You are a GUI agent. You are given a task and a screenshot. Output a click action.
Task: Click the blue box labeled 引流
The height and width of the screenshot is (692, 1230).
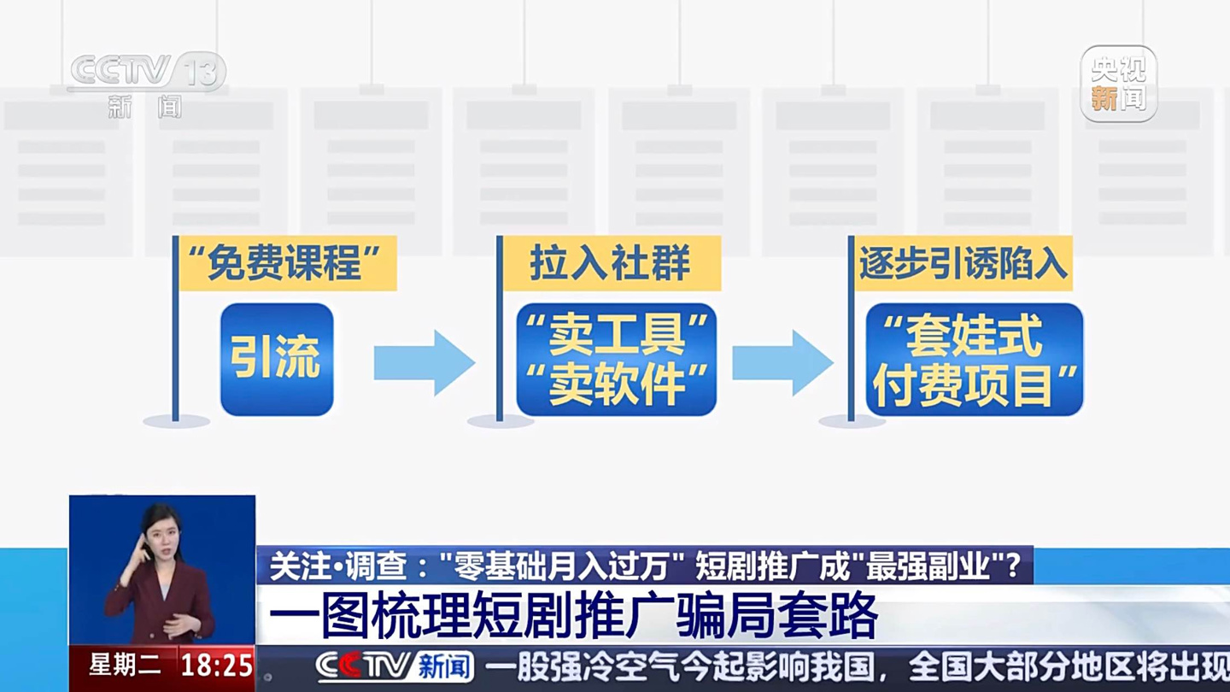(277, 360)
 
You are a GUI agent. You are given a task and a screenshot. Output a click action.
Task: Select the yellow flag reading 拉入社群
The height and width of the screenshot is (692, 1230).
(611, 263)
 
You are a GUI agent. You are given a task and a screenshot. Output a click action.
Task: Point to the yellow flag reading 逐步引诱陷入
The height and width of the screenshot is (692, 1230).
(963, 263)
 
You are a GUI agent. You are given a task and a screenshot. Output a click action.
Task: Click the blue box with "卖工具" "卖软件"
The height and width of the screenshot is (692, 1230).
(616, 360)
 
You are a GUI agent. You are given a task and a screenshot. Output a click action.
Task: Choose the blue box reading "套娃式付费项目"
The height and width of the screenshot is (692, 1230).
(974, 360)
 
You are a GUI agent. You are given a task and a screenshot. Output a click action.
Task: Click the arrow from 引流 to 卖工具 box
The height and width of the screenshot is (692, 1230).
(424, 362)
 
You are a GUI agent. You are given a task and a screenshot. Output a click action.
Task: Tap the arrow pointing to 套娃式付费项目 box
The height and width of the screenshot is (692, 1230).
(782, 362)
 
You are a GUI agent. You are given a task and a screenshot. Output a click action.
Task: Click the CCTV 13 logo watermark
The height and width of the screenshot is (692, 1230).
(147, 81)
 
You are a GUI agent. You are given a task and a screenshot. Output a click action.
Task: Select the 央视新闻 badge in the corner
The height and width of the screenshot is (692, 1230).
(1118, 84)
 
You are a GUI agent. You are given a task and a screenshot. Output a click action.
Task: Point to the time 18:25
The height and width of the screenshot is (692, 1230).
(217, 666)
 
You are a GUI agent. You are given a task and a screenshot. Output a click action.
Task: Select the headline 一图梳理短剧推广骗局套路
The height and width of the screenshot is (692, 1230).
(573, 615)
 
